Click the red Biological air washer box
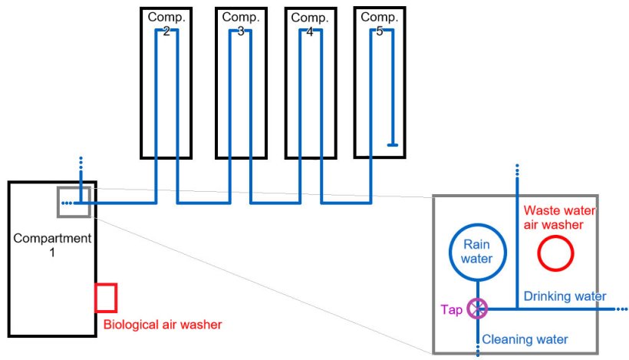tap(105, 298)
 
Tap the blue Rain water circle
tap(477, 252)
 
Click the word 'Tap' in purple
tap(451, 309)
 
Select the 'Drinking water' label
tap(565, 296)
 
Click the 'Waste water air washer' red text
tap(559, 217)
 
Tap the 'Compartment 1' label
tap(51, 245)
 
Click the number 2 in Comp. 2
tap(166, 31)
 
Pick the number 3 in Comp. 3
tap(240, 31)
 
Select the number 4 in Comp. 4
tap(309, 31)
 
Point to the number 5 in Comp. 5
tap(378, 31)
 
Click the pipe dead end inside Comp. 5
tap(392, 144)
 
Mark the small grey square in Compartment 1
tap(74, 201)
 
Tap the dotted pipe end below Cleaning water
tap(478, 350)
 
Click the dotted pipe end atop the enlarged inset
tap(517, 170)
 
